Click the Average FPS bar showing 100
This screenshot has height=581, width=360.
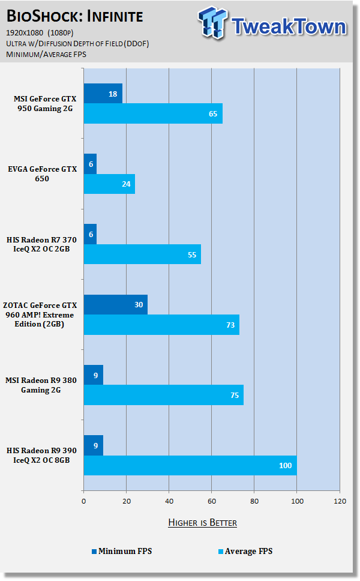190,465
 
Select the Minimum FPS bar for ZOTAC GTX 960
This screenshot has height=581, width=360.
115,304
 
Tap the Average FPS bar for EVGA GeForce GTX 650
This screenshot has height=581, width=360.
109,184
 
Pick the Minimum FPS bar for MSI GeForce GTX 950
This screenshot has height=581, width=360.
103,94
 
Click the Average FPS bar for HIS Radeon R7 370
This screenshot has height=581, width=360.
142,254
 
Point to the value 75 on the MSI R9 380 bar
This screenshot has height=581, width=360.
231,395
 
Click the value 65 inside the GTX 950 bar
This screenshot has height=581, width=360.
212,113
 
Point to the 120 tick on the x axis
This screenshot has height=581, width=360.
340,500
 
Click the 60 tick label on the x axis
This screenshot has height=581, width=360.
211,500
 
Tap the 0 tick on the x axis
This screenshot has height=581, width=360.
83,500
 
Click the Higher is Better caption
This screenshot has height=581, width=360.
202,523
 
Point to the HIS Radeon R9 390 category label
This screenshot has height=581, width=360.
42,455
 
